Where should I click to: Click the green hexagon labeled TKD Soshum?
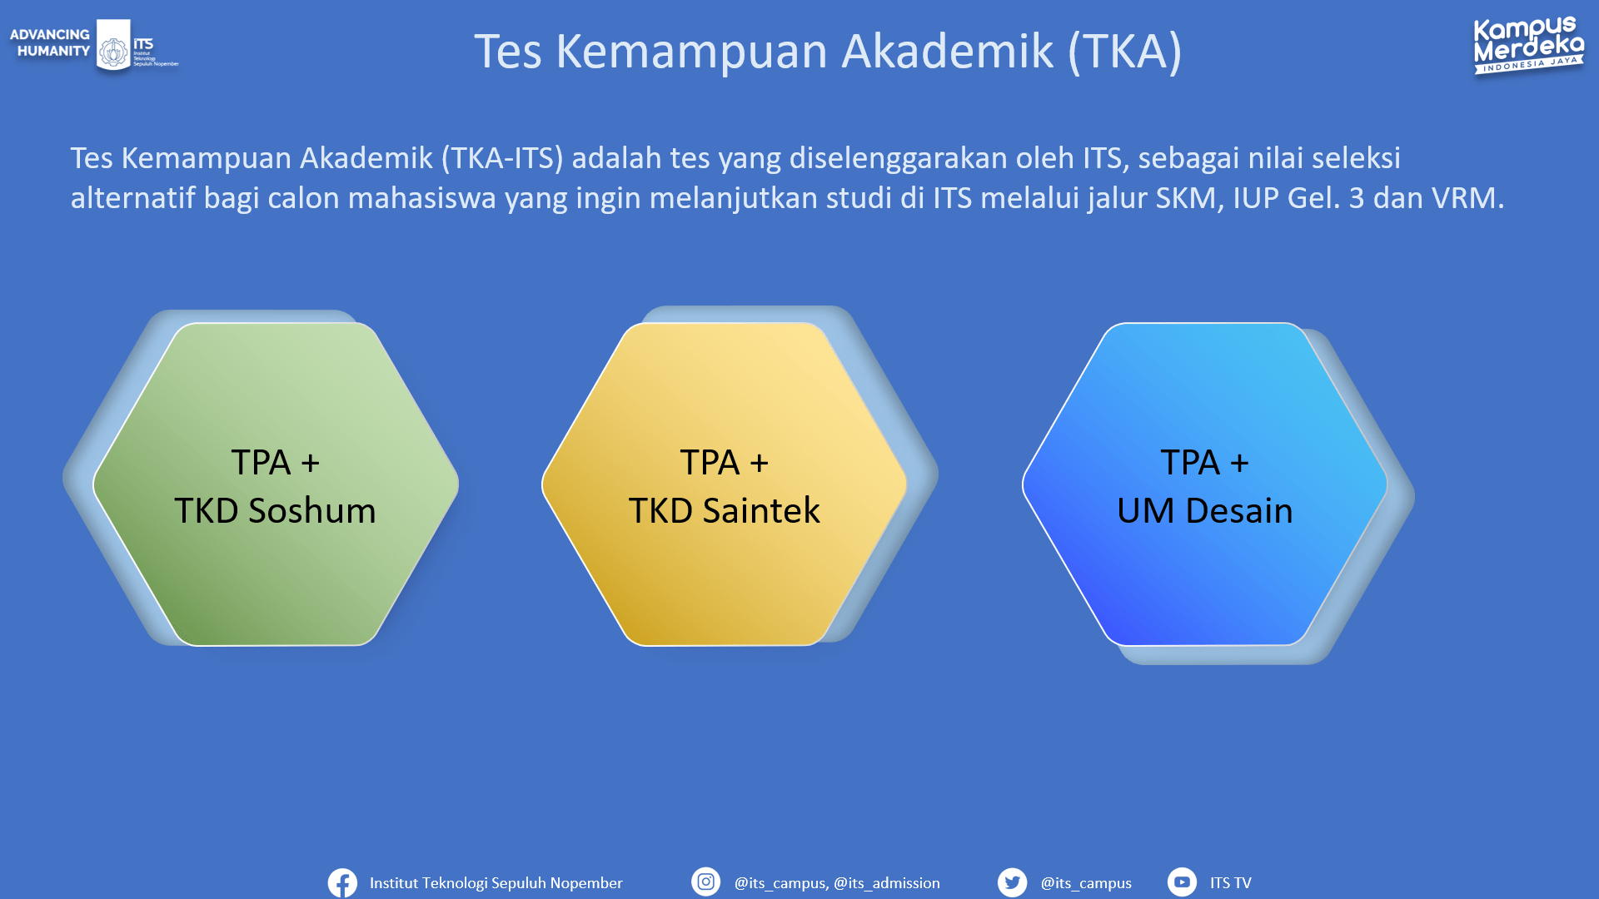[x=276, y=484]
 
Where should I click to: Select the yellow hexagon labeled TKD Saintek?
[x=725, y=484]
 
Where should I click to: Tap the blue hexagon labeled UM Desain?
[x=1205, y=484]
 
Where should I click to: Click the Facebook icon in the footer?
[x=342, y=882]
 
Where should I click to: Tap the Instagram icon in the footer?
[x=705, y=882]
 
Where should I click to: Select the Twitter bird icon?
[x=1012, y=882]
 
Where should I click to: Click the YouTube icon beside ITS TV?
[x=1182, y=882]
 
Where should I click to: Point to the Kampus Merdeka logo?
[x=1529, y=46]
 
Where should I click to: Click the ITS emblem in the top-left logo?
[x=114, y=46]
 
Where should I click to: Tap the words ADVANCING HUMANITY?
[x=50, y=42]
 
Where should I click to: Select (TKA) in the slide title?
[x=1125, y=52]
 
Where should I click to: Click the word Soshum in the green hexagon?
[x=312, y=510]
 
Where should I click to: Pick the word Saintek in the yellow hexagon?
[x=761, y=510]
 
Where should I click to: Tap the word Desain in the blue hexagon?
[x=1239, y=510]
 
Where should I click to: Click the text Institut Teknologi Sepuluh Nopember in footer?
[x=496, y=883]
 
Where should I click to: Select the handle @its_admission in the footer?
[x=887, y=883]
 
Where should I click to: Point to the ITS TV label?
[x=1231, y=883]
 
